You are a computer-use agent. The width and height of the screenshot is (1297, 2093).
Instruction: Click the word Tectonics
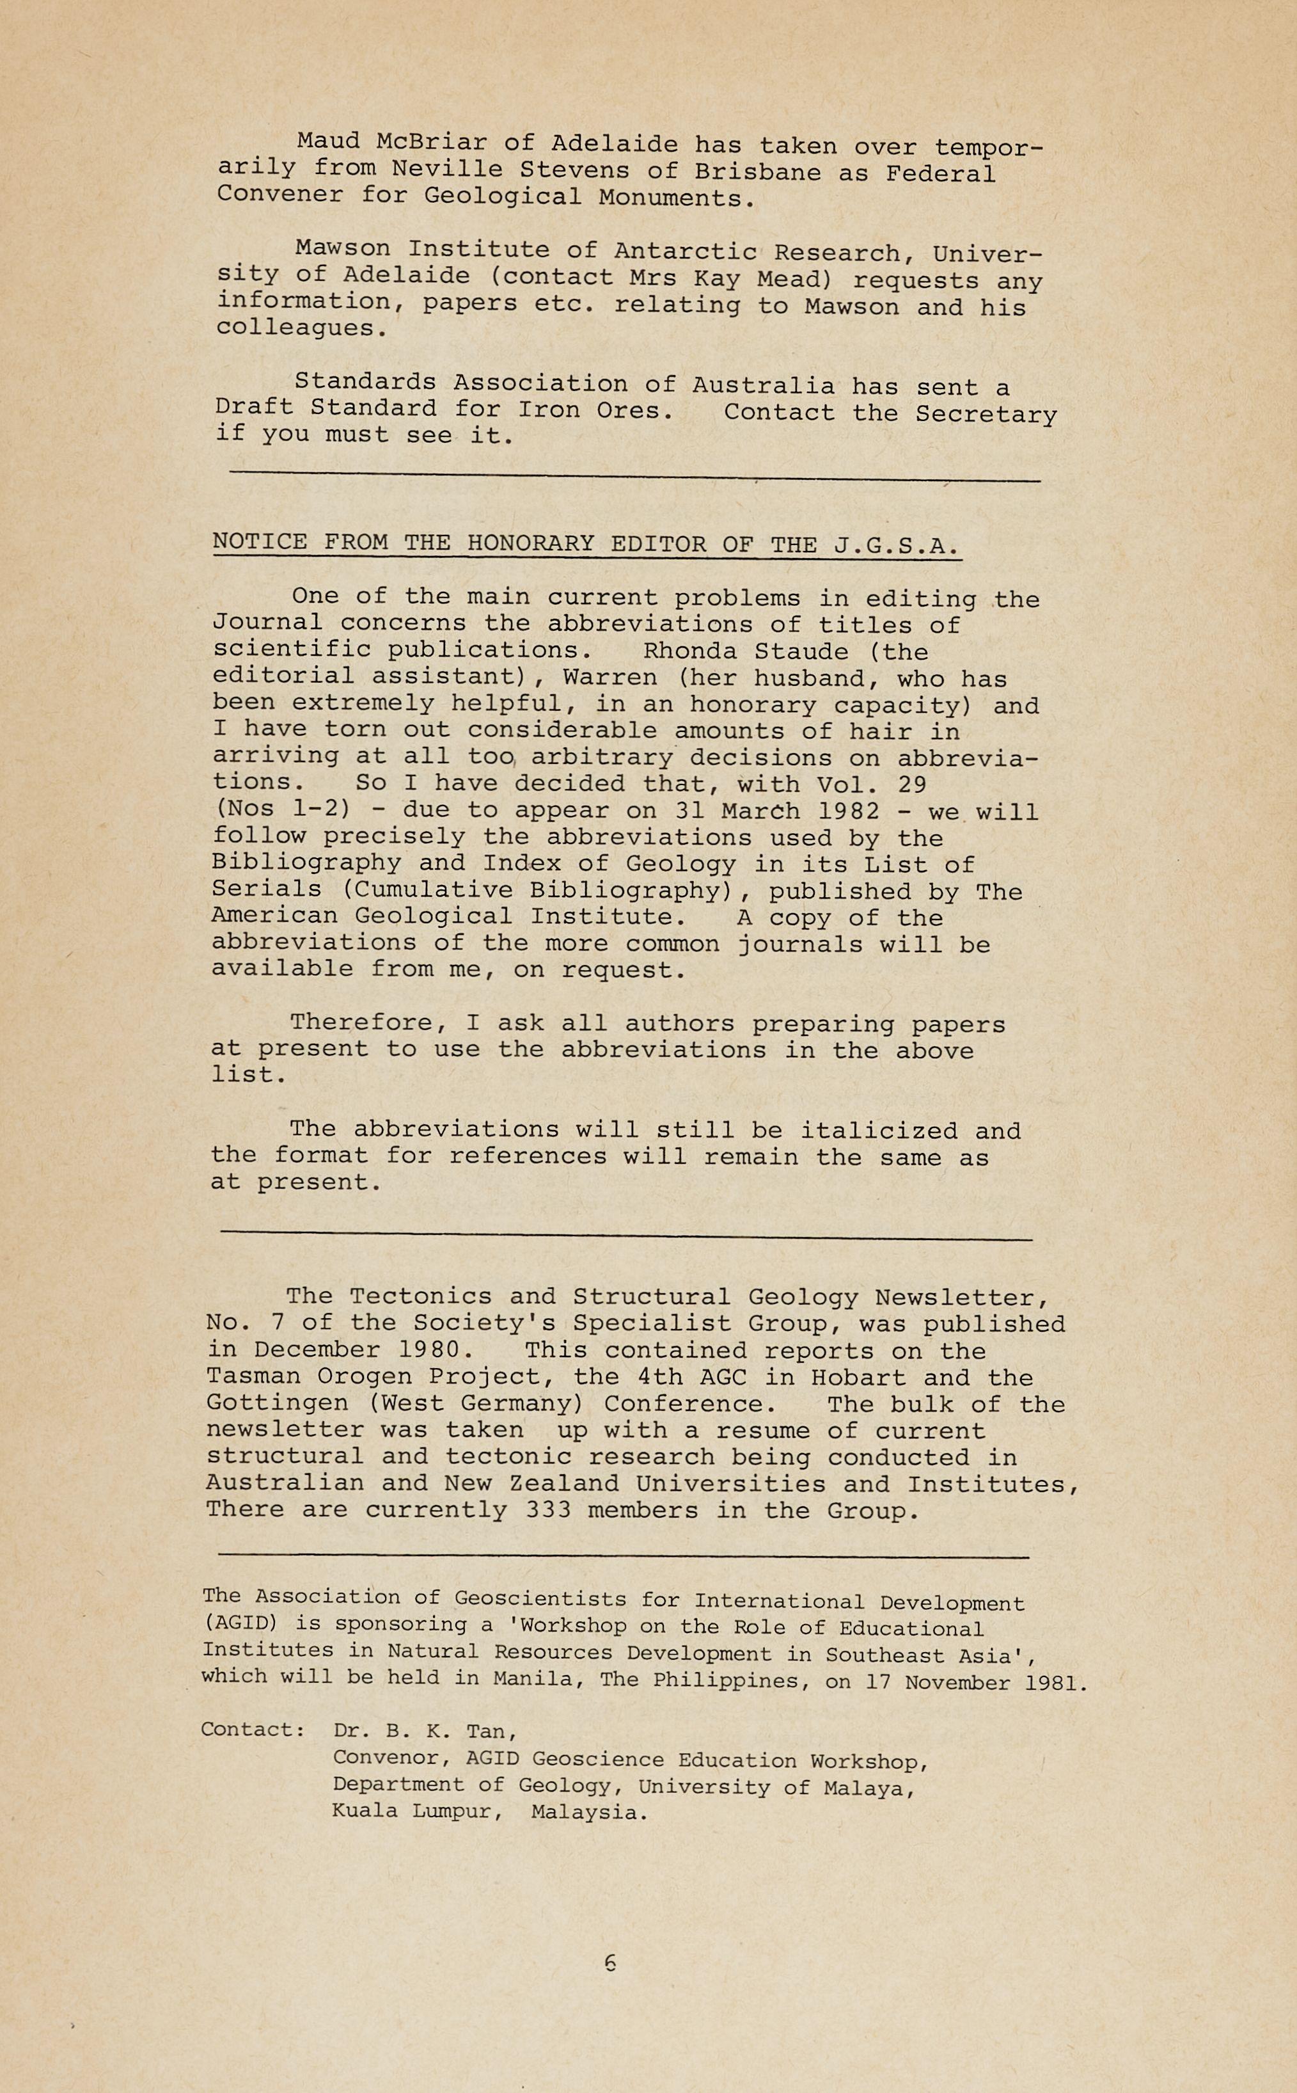coord(420,1296)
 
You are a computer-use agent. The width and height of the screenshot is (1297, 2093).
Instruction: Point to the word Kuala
coord(364,1812)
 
